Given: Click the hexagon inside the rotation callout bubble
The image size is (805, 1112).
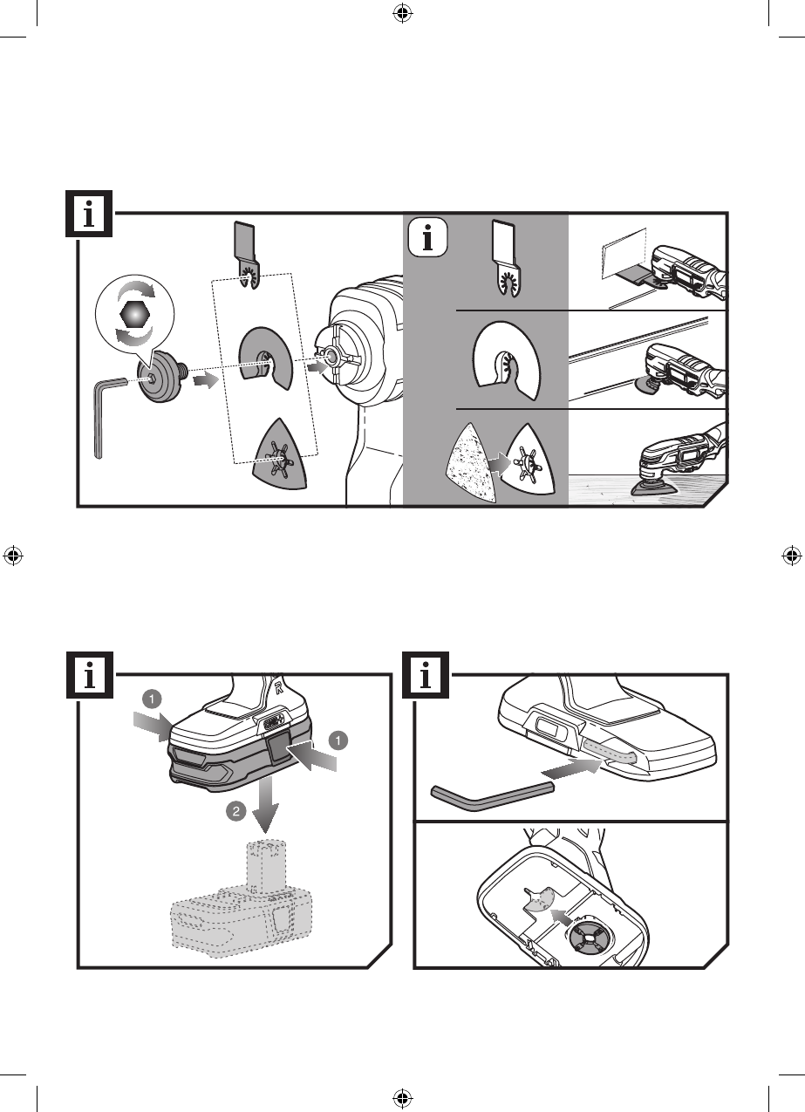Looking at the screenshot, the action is [134, 314].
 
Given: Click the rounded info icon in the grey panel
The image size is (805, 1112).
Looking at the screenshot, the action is [428, 238].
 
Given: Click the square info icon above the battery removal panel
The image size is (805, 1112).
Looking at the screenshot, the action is [89, 675].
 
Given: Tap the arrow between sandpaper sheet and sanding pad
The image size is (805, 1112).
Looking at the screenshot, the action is [499, 464].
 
